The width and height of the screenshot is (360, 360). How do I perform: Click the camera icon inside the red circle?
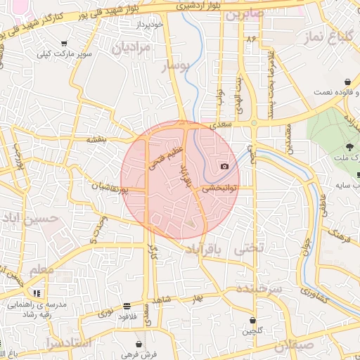[224, 166]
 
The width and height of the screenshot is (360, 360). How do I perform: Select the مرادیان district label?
[131, 48]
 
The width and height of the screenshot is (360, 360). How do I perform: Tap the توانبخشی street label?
[220, 188]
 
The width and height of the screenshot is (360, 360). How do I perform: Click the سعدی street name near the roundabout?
[222, 124]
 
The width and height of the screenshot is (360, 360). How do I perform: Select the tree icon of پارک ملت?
[349, 147]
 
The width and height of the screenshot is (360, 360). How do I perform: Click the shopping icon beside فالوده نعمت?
[349, 81]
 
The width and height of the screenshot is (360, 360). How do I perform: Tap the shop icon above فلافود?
[126, 306]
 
